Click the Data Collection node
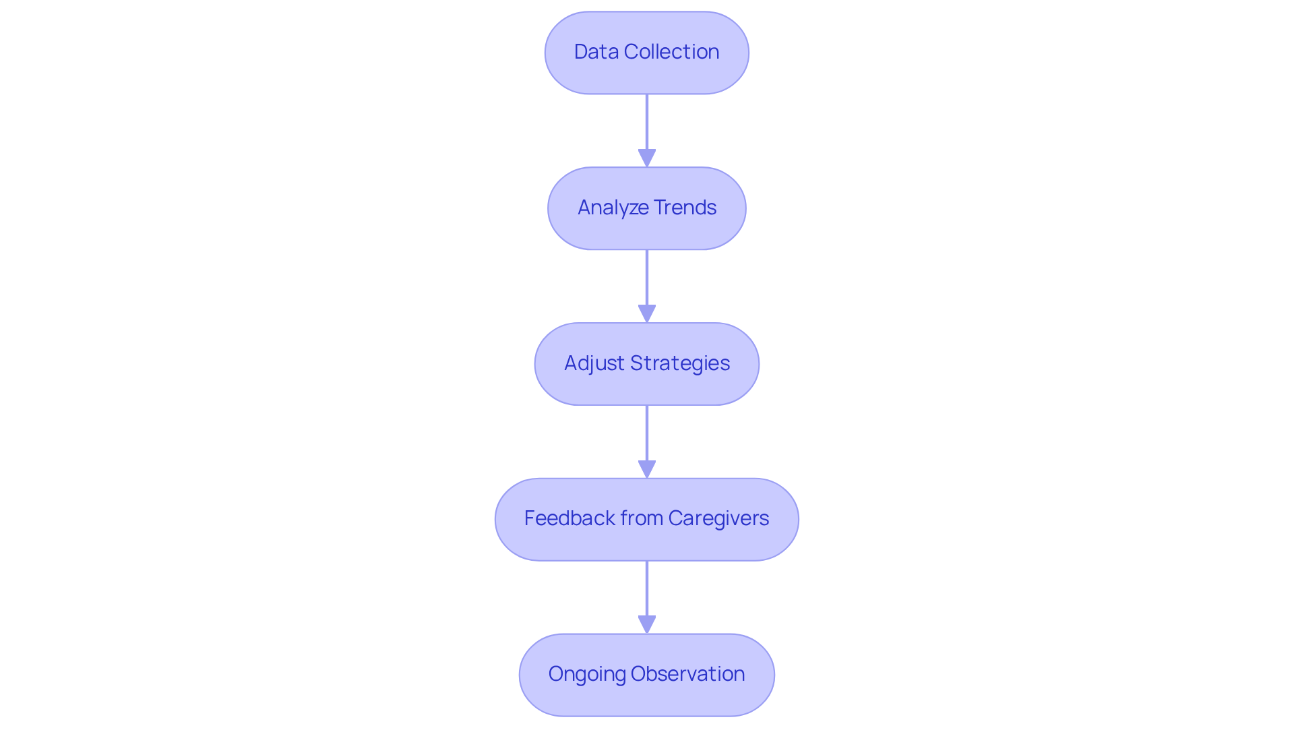tap(646, 53)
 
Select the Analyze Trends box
tap(646, 208)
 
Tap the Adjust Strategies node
tap(646, 364)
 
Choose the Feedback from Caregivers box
tap(646, 519)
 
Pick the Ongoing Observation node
tap(646, 675)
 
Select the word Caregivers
tap(718, 518)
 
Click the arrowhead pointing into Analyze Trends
tap(647, 158)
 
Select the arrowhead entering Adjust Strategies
tap(647, 313)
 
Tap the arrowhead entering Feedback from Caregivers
tap(647, 469)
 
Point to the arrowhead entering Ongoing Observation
tap(647, 624)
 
